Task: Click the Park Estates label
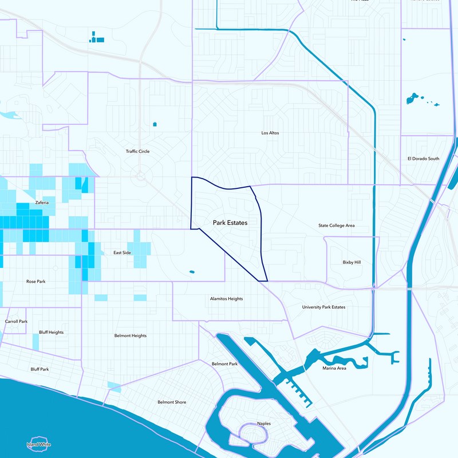(230, 223)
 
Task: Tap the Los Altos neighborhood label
(270, 133)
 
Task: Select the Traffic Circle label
(138, 151)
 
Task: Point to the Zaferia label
(42, 203)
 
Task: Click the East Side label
(122, 252)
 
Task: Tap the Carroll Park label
(16, 322)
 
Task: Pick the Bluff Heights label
(52, 333)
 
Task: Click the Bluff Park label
(40, 369)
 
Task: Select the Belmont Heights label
(131, 335)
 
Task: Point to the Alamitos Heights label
(227, 299)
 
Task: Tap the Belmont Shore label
(172, 402)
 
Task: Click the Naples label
(264, 424)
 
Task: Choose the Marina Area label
(334, 368)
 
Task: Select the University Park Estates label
(324, 307)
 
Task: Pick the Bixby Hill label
(352, 262)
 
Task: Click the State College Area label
(337, 226)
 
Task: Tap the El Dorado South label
(424, 159)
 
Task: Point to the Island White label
(39, 445)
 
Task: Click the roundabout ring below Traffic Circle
(139, 177)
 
